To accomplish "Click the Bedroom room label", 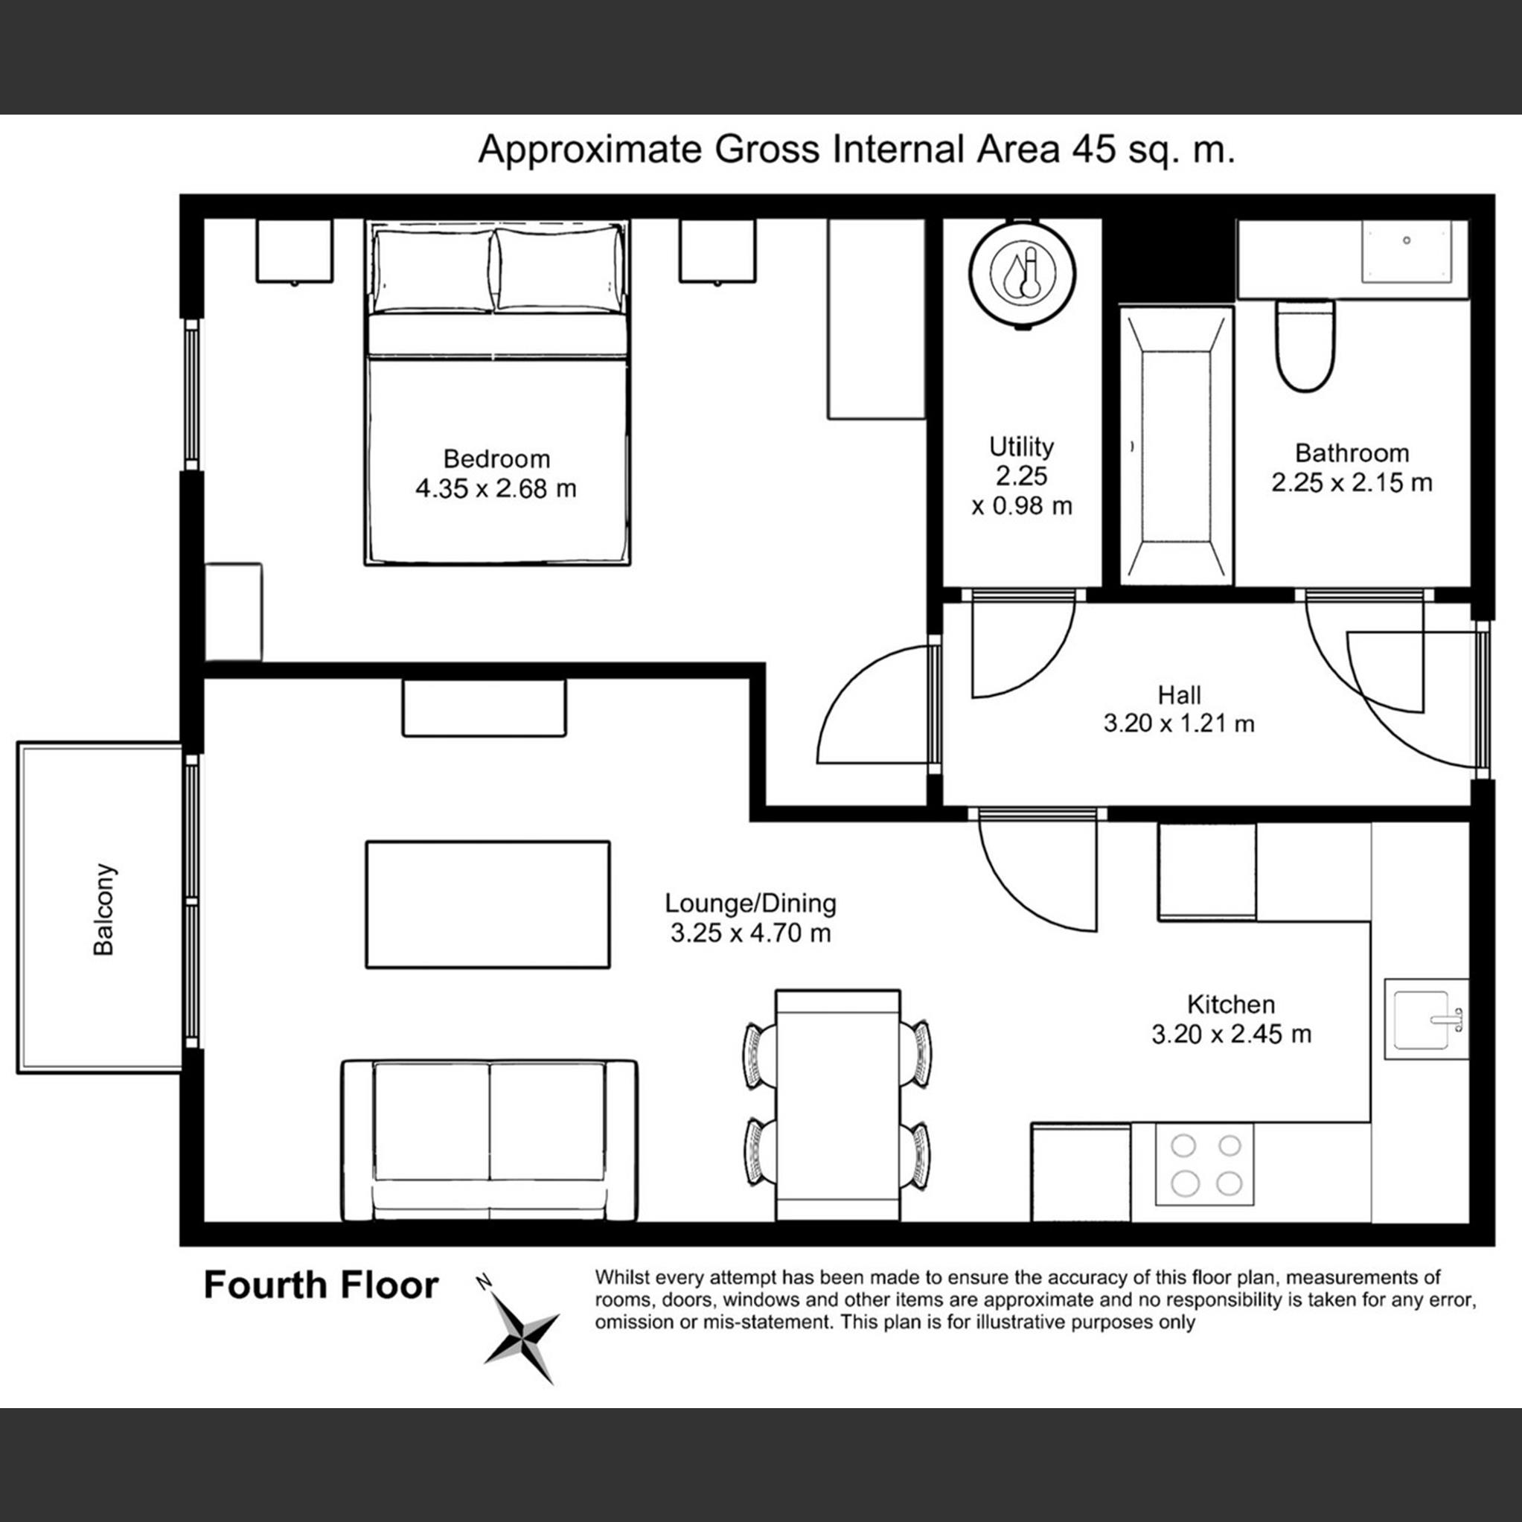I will pyautogui.click(x=496, y=458).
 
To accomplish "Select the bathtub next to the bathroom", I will pyautogui.click(x=1176, y=446).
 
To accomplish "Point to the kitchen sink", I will pyautogui.click(x=1426, y=1020).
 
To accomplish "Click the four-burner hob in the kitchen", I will pyautogui.click(x=1204, y=1164).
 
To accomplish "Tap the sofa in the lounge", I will pyautogui.click(x=489, y=1140).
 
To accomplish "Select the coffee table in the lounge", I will pyautogui.click(x=487, y=904).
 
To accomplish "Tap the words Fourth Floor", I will pyautogui.click(x=321, y=1285).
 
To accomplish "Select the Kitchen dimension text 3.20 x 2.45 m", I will pyautogui.click(x=1231, y=1034).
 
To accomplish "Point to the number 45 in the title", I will pyautogui.click(x=1093, y=149).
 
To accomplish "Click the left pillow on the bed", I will pyautogui.click(x=433, y=270).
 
